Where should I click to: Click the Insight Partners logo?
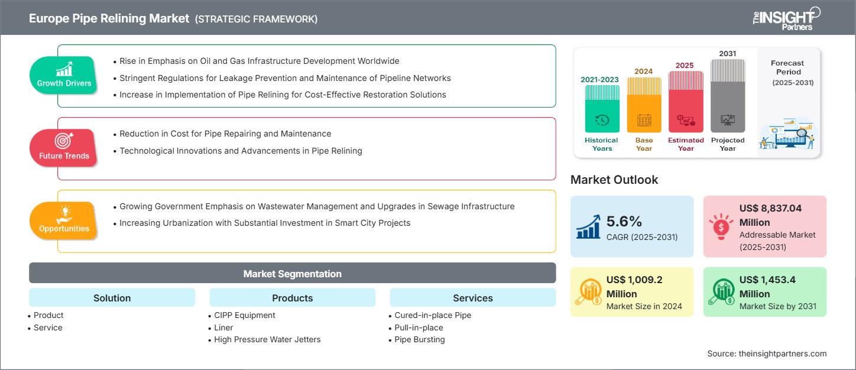tap(786, 18)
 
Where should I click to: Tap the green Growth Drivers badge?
tap(64, 74)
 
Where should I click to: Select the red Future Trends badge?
tap(64, 147)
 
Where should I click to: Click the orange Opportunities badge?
tap(64, 220)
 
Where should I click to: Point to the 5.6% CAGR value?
tap(624, 222)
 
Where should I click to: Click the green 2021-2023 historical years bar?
tap(602, 109)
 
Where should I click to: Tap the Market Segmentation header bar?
tap(292, 274)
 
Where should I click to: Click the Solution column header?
tap(112, 298)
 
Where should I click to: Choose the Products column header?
tap(292, 298)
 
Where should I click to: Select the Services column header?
tap(472, 298)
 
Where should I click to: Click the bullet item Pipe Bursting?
tap(420, 339)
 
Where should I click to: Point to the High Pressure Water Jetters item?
tap(267, 339)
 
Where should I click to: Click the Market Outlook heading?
tap(614, 180)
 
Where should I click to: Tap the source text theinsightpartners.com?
tap(767, 353)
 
